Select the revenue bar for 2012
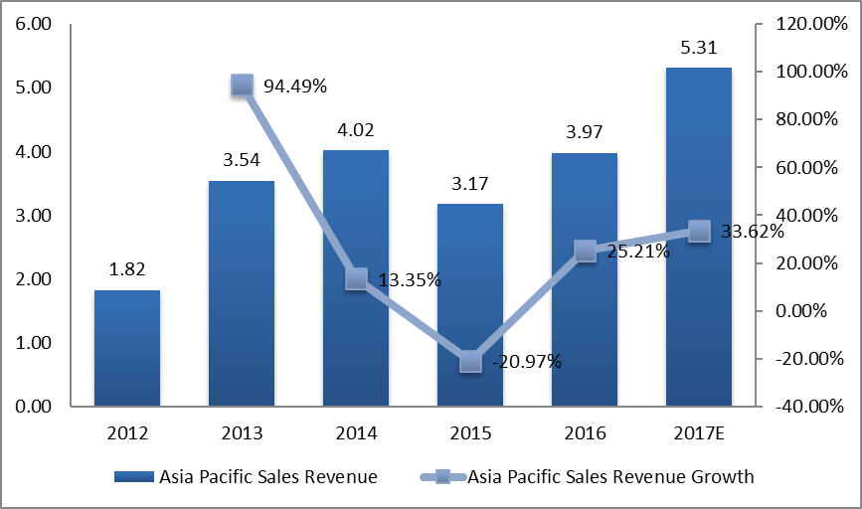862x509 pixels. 126,348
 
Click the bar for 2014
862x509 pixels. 356,278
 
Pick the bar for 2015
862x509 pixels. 470,298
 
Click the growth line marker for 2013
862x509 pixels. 241,85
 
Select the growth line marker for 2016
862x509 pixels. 585,251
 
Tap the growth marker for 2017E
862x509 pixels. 699,231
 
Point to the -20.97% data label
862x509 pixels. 526,362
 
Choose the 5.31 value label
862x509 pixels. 699,47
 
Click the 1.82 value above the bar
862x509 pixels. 126,269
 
